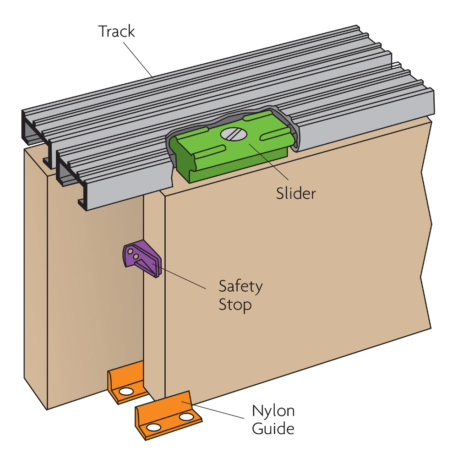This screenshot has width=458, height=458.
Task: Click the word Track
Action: (x=117, y=32)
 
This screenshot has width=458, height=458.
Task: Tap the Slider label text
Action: (x=296, y=193)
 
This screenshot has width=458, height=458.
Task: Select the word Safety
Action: (x=240, y=287)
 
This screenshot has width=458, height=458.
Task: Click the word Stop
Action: (x=235, y=305)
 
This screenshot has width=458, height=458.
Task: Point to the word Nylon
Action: (x=273, y=411)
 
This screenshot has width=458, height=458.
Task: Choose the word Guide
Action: (x=273, y=429)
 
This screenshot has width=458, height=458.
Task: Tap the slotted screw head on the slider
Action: (x=234, y=134)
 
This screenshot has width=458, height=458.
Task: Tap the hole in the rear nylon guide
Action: (x=125, y=393)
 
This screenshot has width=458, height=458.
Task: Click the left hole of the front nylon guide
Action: (x=155, y=428)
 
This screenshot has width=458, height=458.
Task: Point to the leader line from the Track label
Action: (x=137, y=57)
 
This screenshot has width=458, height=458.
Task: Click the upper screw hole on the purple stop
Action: (x=130, y=251)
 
